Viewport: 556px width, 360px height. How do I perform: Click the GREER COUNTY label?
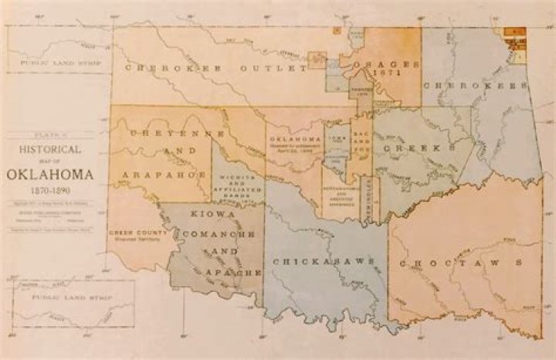pos(133,232)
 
